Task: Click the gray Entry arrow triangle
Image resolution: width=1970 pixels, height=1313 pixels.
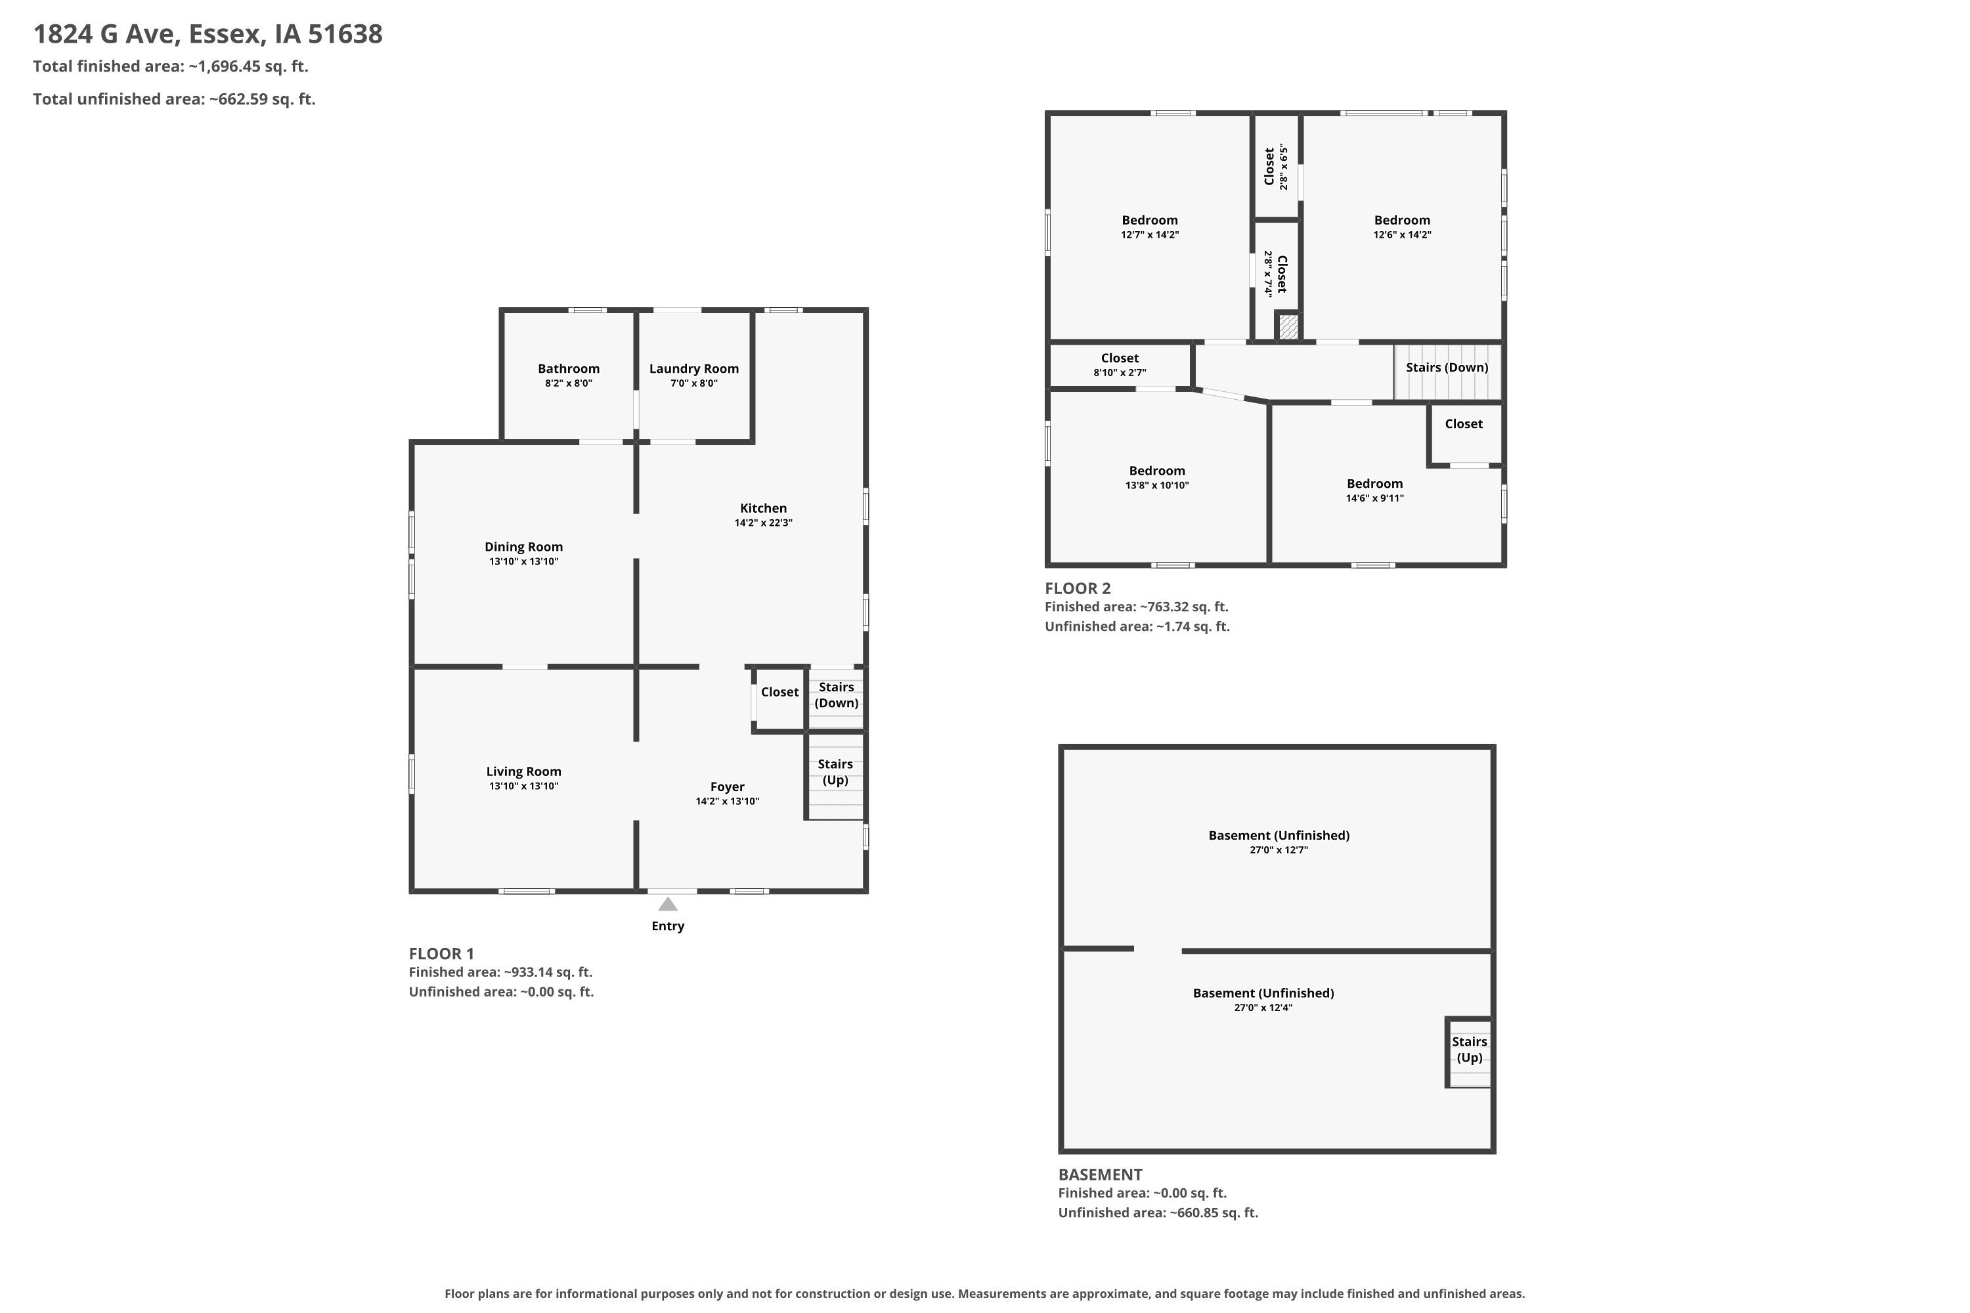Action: point(668,905)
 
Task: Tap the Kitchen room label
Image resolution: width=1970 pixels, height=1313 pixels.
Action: point(763,508)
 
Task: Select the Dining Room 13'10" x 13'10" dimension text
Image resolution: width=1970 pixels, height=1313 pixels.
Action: point(523,562)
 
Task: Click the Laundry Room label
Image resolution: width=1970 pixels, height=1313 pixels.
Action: point(693,369)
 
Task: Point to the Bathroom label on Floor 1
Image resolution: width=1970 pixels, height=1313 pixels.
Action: point(569,368)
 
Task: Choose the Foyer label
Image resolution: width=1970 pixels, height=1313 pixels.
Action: point(727,787)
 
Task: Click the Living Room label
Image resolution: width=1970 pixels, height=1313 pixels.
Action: point(523,772)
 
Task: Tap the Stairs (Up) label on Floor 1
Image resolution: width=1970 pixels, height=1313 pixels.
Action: point(835,772)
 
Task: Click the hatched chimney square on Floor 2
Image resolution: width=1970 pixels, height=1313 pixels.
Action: point(1288,326)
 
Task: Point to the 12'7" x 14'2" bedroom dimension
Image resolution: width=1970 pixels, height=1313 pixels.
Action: point(1150,235)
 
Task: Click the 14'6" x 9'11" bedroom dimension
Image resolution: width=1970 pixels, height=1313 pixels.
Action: point(1374,498)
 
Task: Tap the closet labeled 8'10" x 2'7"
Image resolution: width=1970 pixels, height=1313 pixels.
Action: point(1120,365)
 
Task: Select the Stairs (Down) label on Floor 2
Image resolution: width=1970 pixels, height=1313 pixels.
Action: point(1447,368)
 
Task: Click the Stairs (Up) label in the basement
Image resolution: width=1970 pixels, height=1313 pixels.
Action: point(1469,1049)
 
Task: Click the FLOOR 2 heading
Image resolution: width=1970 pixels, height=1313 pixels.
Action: point(1077,589)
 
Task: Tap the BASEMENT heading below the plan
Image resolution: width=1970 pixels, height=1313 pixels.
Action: point(1100,1175)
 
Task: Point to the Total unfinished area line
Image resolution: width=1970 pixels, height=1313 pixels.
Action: point(174,99)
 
